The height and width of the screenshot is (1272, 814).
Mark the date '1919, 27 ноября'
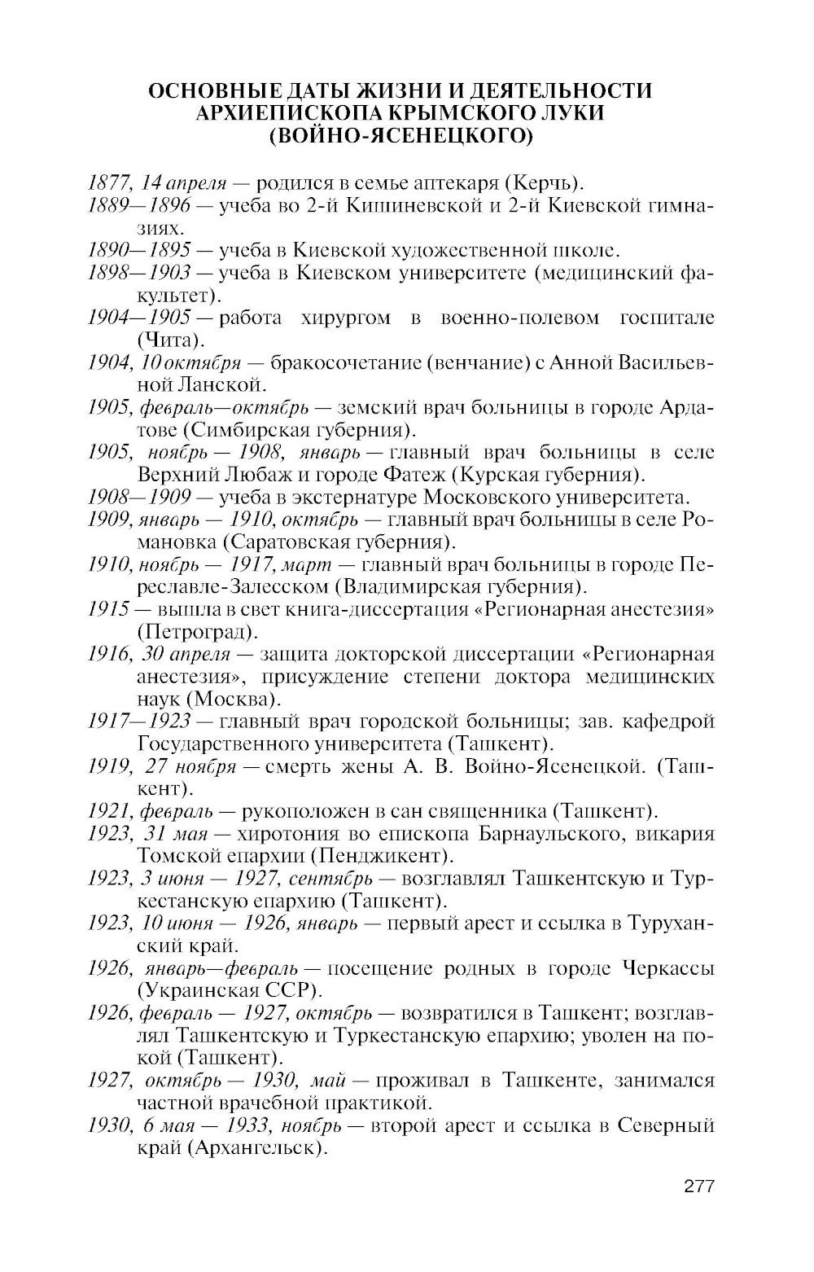pos(162,766)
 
